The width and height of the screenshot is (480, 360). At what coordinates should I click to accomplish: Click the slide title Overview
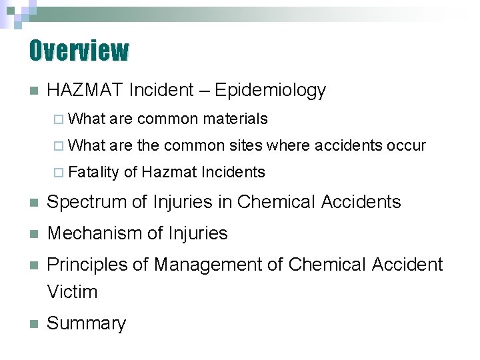tap(79, 50)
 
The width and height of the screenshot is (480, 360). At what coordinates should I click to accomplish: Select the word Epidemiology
tap(271, 90)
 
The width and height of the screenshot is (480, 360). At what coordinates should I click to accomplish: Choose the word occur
tap(407, 146)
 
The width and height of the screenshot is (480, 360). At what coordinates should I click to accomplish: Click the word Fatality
tap(93, 173)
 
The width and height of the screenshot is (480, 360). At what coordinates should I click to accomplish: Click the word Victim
tap(72, 291)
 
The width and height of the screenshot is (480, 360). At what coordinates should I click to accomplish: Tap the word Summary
tap(86, 323)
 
